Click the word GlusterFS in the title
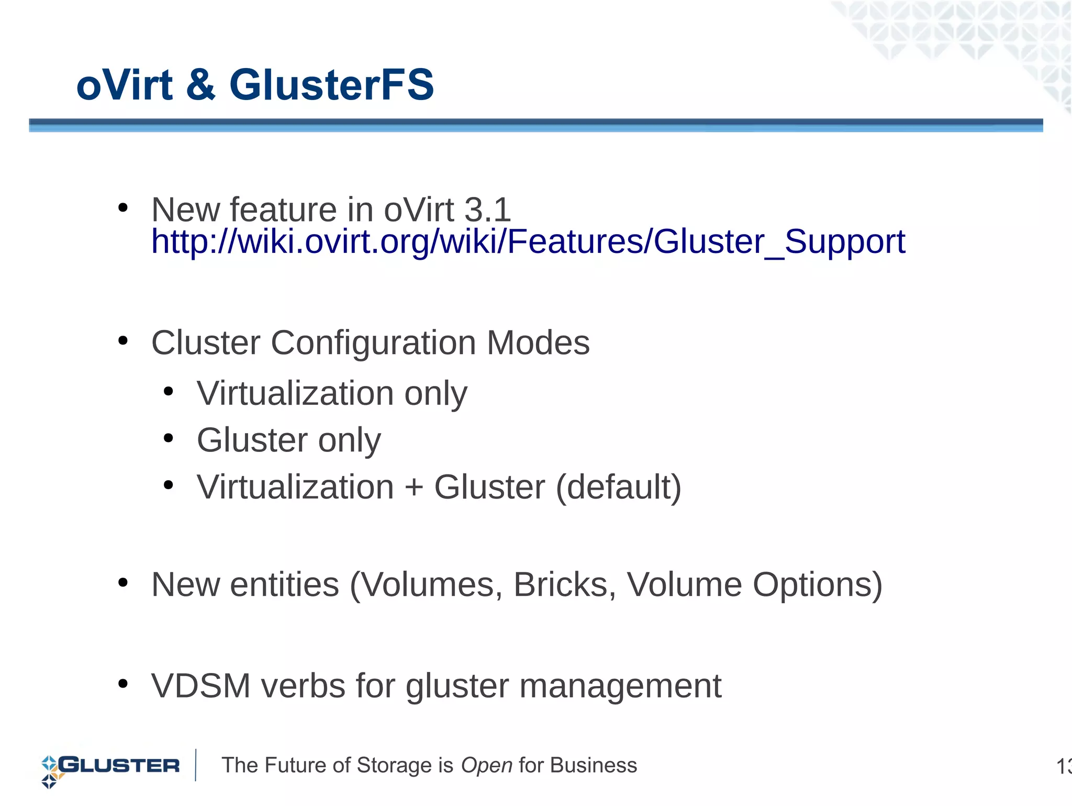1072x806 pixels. [331, 85]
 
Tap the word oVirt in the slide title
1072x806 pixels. [125, 85]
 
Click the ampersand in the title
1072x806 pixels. [200, 85]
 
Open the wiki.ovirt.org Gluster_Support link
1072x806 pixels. [528, 242]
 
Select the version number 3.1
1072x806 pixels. [487, 210]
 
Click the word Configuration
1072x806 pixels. [373, 344]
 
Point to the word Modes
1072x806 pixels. [538, 343]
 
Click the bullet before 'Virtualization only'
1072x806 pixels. [168, 391]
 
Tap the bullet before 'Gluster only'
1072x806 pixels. [168, 438]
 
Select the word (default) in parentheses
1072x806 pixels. [618, 488]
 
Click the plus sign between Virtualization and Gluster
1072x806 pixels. [414, 488]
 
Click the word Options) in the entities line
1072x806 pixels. [817, 584]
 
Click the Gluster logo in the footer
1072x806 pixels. [110, 767]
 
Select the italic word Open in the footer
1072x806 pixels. [486, 766]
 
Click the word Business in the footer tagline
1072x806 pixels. [594, 766]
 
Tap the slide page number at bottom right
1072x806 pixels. [1064, 767]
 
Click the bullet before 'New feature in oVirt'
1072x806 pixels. [123, 208]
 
